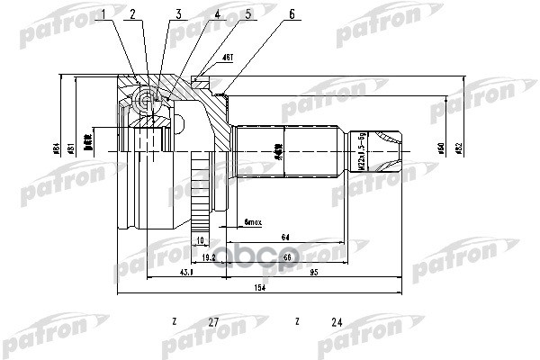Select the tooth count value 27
point(213,321)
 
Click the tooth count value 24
point(337,321)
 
